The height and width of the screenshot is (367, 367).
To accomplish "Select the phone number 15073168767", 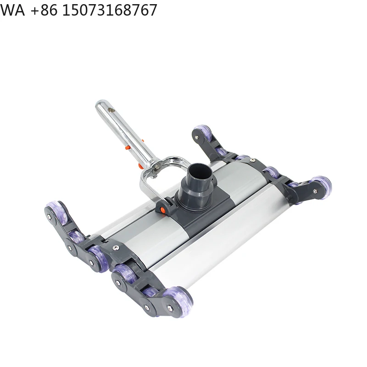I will coord(109,10).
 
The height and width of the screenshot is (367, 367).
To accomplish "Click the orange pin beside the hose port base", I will coord(161,209).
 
